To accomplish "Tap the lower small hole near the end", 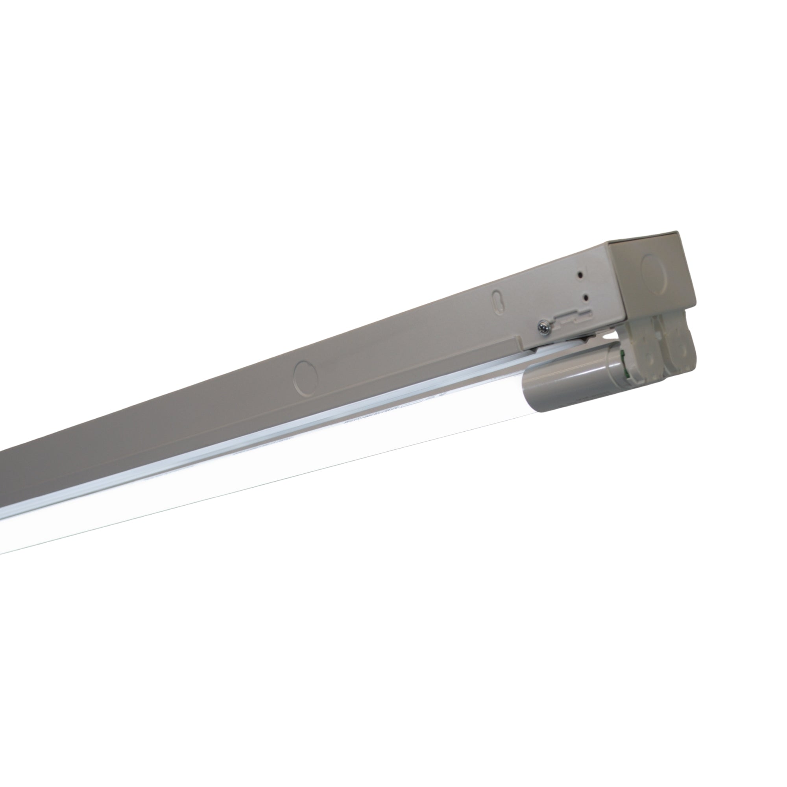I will (x=586, y=298).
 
